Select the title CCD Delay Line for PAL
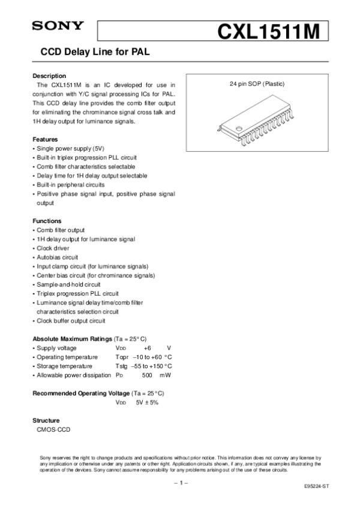pos(94,53)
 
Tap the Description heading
pos(49,76)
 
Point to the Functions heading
pos(47,221)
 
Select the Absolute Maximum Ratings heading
pos(71,338)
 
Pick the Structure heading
pos(47,420)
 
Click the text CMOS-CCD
pos(54,429)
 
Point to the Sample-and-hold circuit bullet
pos(68,284)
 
